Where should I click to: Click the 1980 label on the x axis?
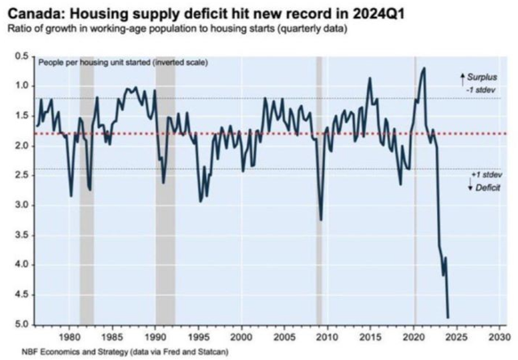pos(69,337)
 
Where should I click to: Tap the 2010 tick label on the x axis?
pos(328,337)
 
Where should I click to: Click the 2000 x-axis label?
pos(242,337)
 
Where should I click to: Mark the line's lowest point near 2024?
pos(448,318)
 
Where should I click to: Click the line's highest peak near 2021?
pos(424,68)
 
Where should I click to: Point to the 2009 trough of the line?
pos(321,220)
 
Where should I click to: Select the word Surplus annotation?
pos(482,77)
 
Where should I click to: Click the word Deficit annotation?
pos(488,188)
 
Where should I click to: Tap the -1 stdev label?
pos(481,90)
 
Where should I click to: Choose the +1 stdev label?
pos(487,175)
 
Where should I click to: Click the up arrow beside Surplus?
pos(463,80)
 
